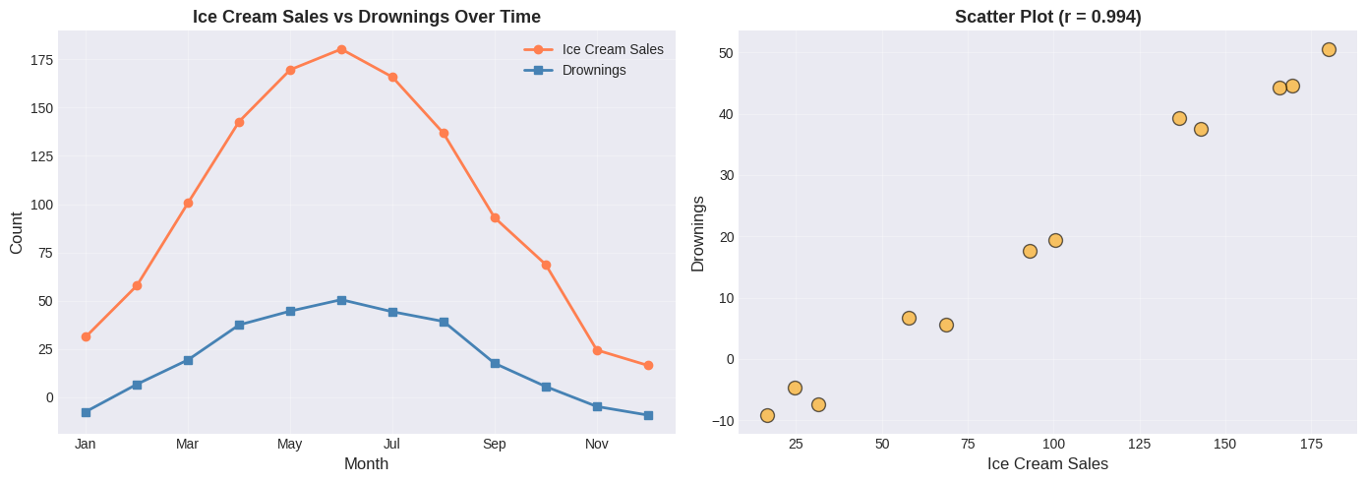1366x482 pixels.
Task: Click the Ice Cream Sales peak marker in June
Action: pos(341,49)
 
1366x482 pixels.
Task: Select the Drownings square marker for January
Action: pos(86,412)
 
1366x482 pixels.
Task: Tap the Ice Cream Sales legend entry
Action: pos(612,49)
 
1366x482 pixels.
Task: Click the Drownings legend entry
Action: pos(594,70)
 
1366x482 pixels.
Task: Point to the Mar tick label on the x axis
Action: pos(187,444)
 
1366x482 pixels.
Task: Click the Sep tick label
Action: pos(494,444)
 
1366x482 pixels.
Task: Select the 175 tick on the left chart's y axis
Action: pos(41,60)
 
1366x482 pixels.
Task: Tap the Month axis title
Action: pos(366,463)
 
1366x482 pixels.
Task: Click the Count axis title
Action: pos(17,232)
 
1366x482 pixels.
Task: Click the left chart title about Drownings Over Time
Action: pos(366,17)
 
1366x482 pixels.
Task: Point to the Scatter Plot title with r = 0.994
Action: pos(1047,17)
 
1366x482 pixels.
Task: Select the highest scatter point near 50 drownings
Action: pos(1329,49)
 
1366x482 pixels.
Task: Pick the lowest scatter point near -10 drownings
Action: pos(767,415)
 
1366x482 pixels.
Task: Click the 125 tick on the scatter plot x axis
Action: pos(1139,444)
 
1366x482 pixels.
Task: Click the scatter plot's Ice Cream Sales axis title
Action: pos(1047,463)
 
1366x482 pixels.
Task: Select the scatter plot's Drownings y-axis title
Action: pos(698,233)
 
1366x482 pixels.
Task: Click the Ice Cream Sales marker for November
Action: pos(597,350)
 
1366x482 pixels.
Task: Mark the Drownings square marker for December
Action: pos(648,415)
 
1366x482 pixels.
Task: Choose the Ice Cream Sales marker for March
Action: pos(188,203)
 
